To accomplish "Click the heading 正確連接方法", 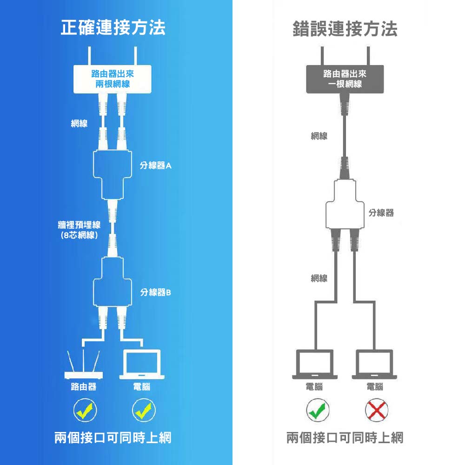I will tap(113, 29).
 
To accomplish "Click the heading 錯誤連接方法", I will tap(345, 29).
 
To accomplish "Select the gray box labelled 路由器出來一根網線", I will tap(345, 79).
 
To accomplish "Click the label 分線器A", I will tap(156, 166).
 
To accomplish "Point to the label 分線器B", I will tap(156, 292).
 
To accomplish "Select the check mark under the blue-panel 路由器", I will tap(84, 410).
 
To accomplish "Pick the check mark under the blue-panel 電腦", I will tap(142, 410).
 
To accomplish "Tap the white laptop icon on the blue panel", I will tap(142, 365).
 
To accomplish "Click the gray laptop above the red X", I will tap(375, 364).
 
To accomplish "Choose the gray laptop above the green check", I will tap(315, 364).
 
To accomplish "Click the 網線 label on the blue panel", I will tap(79, 123).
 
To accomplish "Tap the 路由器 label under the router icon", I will tap(84, 387).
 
